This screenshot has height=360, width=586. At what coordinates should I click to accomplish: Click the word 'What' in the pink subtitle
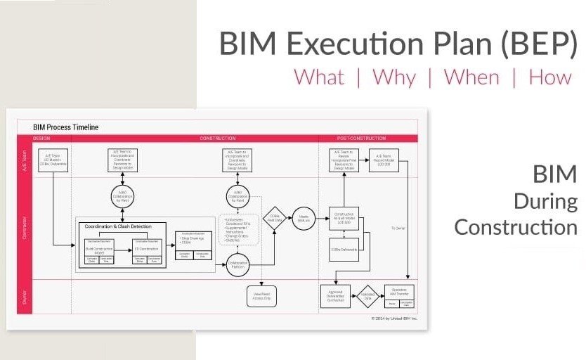pos(319,77)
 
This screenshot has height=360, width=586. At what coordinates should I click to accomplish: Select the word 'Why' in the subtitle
pos(394,77)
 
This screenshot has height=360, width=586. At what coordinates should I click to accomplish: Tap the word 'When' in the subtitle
pos(472,77)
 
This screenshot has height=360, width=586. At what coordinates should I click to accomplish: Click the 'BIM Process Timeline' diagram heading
pos(66,127)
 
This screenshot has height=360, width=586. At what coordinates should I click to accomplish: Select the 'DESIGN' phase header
pos(42,139)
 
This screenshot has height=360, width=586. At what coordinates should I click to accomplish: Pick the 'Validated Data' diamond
pos(367,296)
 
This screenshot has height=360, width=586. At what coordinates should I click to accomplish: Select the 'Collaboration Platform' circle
pos(237,265)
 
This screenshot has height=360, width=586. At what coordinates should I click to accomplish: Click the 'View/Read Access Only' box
pos(261,296)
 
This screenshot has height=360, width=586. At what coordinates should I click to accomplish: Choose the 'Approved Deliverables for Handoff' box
pos(335,296)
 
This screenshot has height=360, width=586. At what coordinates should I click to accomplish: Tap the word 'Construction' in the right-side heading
pos(516,227)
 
